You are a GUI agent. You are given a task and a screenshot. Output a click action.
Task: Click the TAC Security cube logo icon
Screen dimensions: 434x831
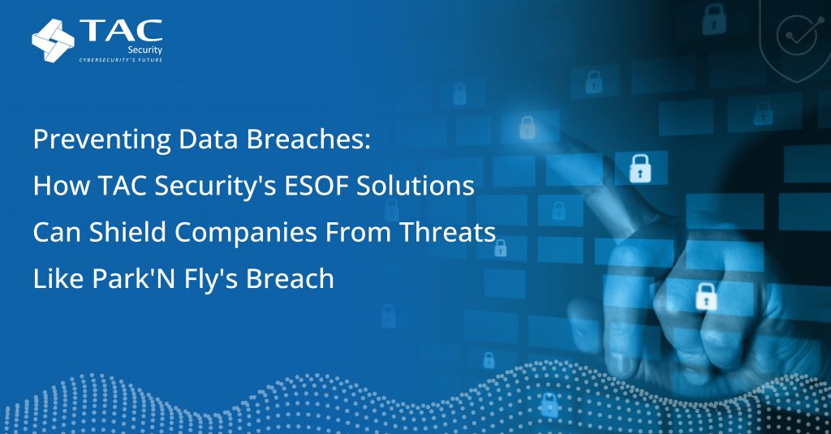(53, 39)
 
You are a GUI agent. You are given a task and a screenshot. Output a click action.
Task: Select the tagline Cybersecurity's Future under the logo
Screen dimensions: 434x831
(120, 60)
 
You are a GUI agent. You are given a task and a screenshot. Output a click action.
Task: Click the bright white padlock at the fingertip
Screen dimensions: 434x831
(640, 168)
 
